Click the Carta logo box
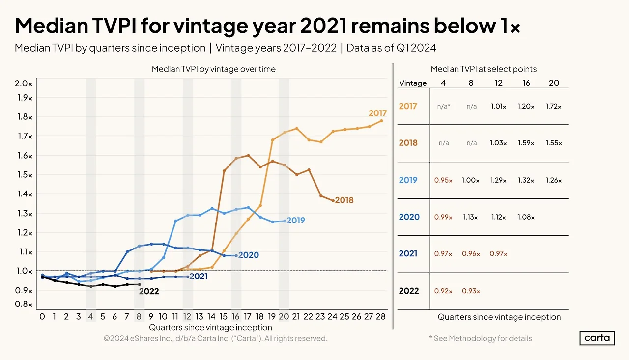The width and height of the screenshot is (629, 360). [x=597, y=338]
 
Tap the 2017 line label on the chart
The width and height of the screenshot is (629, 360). [x=377, y=113]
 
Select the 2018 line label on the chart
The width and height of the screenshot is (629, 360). [x=344, y=200]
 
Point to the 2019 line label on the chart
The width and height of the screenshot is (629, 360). [x=295, y=221]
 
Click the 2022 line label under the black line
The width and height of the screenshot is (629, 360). [x=149, y=291]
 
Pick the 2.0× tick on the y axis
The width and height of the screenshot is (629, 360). [x=24, y=83]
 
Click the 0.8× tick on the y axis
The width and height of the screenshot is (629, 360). [x=24, y=305]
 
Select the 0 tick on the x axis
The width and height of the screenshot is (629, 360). [x=42, y=317]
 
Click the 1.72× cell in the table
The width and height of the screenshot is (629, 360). [x=554, y=106]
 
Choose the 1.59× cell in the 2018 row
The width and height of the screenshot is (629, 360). [x=526, y=143]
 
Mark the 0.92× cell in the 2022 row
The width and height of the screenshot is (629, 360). [x=443, y=291]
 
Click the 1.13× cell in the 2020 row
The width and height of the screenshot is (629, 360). [x=470, y=217]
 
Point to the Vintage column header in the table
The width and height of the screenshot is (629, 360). [x=413, y=83]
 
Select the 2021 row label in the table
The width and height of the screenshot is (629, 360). [x=408, y=254]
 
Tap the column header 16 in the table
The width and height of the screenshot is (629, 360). [x=526, y=83]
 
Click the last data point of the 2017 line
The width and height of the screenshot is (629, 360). [x=381, y=121]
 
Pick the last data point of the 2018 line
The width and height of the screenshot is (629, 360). [x=333, y=201]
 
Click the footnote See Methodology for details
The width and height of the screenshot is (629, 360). [x=481, y=338]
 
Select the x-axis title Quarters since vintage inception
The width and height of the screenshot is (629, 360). [x=210, y=327]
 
